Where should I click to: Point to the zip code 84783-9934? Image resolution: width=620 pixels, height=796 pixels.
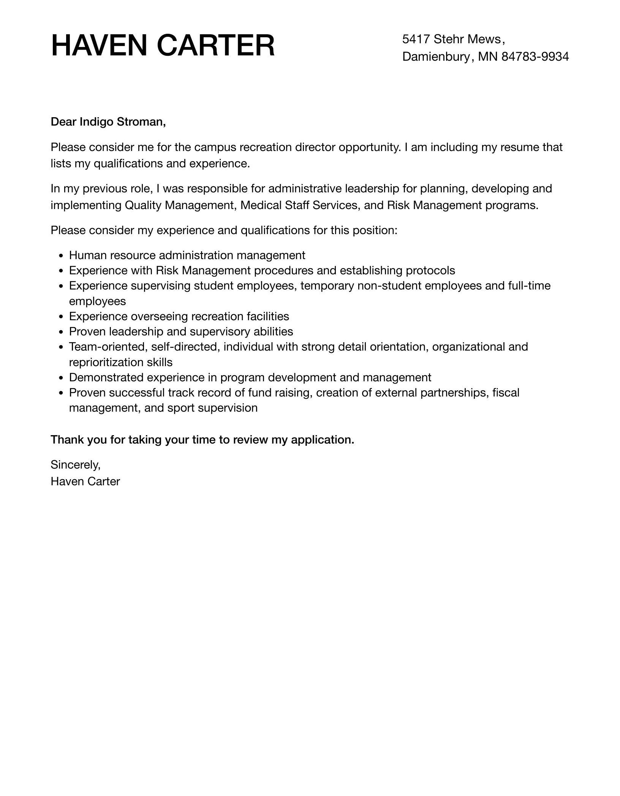pyautogui.click(x=535, y=57)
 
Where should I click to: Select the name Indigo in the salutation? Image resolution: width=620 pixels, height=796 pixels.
pyautogui.click(x=96, y=122)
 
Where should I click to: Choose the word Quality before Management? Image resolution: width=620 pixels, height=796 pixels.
pyautogui.click(x=143, y=205)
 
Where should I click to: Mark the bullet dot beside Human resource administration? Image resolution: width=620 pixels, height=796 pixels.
pyautogui.click(x=62, y=256)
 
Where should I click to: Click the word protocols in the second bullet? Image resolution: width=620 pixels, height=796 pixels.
pyautogui.click(x=430, y=271)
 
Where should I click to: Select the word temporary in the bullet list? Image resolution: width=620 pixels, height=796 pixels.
pyautogui.click(x=327, y=286)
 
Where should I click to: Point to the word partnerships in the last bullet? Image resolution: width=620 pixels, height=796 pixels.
pyautogui.click(x=454, y=393)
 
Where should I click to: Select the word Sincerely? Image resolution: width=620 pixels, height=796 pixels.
pyautogui.click(x=75, y=465)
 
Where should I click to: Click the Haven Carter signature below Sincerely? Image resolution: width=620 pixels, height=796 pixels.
pyautogui.click(x=85, y=481)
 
